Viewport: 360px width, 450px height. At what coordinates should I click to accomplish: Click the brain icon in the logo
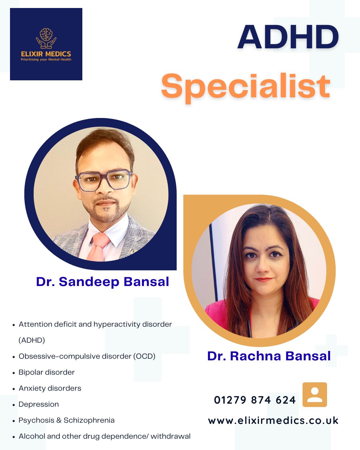click(46, 35)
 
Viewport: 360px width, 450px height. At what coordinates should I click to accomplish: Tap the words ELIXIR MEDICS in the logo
click(46, 54)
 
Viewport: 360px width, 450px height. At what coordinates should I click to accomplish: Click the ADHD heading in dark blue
click(288, 37)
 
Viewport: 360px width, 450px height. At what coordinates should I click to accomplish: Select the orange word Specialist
click(246, 87)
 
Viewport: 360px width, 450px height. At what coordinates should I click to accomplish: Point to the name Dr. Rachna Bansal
click(269, 356)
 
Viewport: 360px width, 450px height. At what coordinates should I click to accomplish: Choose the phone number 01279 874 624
click(255, 400)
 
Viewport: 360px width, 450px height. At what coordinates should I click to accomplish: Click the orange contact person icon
click(315, 395)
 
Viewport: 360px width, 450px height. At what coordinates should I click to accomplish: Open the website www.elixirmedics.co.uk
click(273, 421)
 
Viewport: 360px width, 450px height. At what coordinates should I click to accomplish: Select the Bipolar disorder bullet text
click(47, 372)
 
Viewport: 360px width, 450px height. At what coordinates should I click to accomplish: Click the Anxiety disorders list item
click(50, 388)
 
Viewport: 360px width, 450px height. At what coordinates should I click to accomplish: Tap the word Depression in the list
click(39, 404)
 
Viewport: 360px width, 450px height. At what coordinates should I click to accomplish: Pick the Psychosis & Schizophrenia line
click(67, 420)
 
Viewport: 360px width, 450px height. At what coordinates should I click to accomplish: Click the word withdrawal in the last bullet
click(170, 436)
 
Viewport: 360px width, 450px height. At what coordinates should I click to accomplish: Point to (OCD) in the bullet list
click(144, 356)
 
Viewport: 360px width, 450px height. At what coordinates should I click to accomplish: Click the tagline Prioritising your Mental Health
click(46, 60)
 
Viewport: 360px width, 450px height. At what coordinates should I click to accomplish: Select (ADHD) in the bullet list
click(32, 340)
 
